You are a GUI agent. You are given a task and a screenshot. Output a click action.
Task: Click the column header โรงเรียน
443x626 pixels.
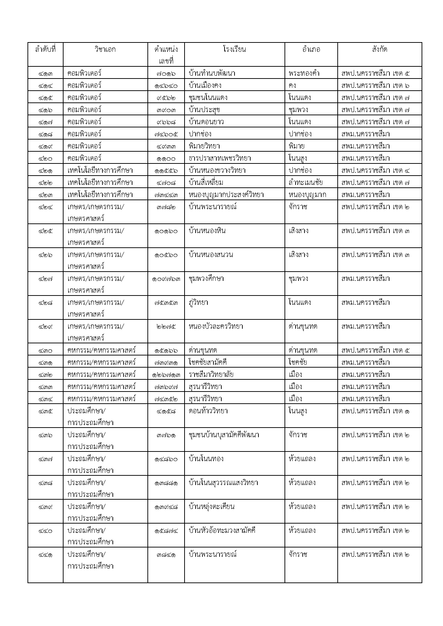tap(234, 50)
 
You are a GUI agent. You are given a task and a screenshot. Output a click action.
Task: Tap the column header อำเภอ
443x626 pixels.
tap(311, 50)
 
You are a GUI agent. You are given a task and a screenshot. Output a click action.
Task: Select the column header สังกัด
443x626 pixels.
tap(379, 50)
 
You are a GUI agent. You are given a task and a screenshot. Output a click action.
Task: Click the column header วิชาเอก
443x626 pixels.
tap(105, 50)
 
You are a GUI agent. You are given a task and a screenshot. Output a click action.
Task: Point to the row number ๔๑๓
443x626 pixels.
tap(45, 74)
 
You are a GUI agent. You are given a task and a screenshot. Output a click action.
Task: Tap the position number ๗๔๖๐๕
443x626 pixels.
tap(166, 134)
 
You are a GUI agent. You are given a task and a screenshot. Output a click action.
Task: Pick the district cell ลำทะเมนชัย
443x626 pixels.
tap(306, 182)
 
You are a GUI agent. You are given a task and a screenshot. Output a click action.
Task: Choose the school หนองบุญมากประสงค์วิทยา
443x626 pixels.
tap(226, 195)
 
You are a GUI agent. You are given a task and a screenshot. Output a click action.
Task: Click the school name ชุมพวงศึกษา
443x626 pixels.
tap(206, 279)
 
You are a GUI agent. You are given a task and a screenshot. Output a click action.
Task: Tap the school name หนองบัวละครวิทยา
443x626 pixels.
tap(216, 327)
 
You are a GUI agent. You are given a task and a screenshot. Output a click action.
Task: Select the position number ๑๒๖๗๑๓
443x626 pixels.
tap(166, 375)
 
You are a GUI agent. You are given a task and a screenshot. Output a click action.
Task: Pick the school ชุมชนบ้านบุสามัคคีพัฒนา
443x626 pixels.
tap(224, 435)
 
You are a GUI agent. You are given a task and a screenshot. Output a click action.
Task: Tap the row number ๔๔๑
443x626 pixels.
tap(45, 555)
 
